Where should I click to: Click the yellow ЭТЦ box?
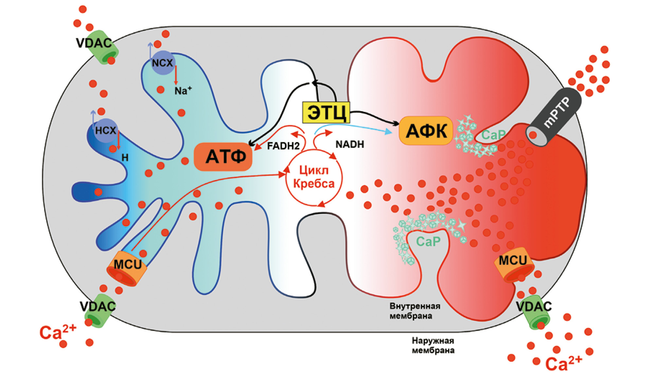click(326, 113)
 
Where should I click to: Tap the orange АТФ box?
click(223, 157)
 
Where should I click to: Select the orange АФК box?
click(426, 131)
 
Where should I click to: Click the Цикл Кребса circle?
click(314, 177)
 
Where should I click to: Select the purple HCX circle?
click(105, 130)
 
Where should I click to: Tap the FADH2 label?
click(283, 146)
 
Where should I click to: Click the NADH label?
click(350, 144)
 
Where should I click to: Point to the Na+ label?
click(183, 91)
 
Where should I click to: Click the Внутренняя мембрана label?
click(414, 311)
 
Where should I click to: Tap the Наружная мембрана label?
click(433, 346)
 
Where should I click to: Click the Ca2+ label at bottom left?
click(57, 332)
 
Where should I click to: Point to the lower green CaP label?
click(428, 242)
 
